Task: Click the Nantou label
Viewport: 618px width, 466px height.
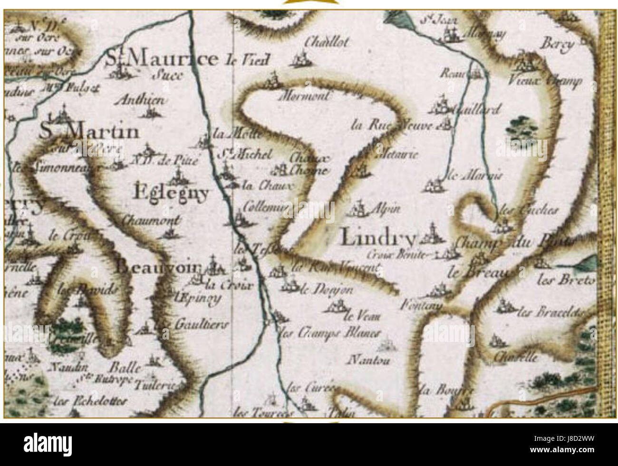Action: click(x=369, y=360)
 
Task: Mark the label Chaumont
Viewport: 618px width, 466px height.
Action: click(x=151, y=220)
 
